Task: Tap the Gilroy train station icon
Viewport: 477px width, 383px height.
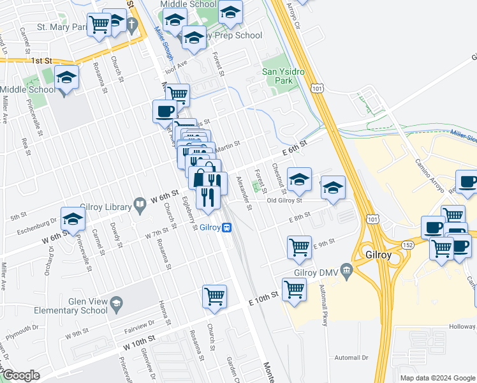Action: click(x=226, y=227)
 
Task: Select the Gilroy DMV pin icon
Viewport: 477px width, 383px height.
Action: click(x=347, y=271)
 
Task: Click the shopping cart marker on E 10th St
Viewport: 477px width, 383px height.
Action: click(x=294, y=290)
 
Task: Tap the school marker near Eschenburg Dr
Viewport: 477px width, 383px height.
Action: click(x=73, y=219)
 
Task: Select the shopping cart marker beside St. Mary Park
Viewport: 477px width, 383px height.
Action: click(x=99, y=25)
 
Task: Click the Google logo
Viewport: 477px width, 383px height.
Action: click(x=20, y=375)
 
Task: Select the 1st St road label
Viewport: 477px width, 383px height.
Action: click(x=41, y=61)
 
